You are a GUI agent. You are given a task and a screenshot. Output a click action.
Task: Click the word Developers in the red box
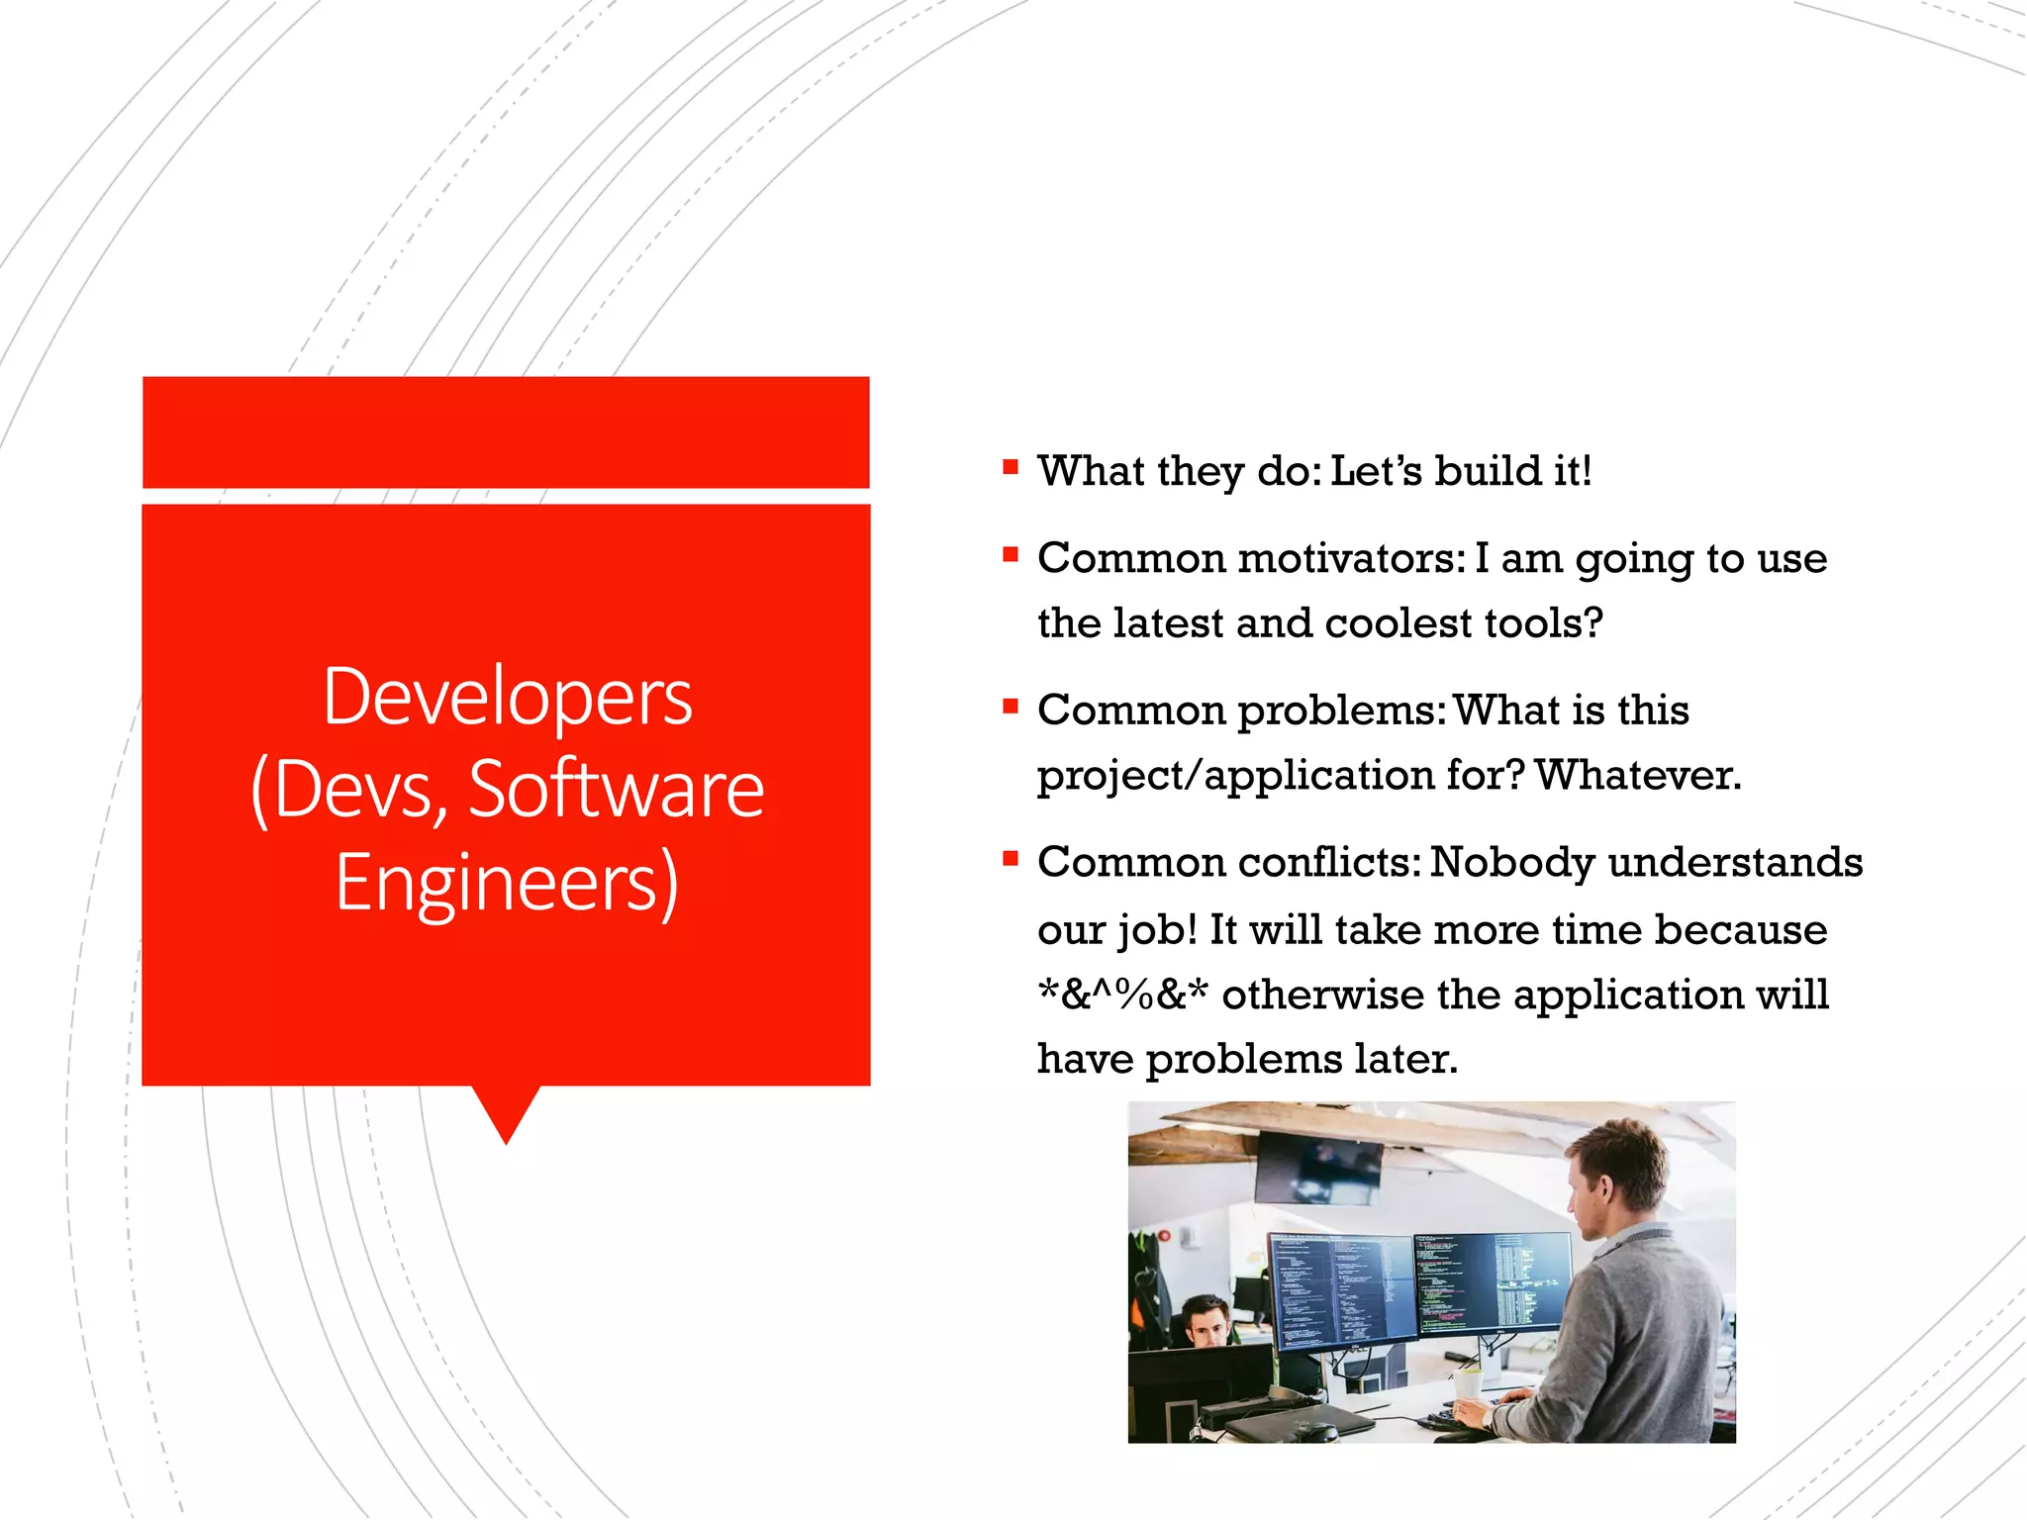click(x=507, y=698)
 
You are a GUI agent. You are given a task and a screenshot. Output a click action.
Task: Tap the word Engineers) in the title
click(x=507, y=882)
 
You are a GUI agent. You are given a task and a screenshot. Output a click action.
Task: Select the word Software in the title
click(x=616, y=790)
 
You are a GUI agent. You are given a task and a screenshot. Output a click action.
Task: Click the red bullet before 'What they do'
click(x=1010, y=467)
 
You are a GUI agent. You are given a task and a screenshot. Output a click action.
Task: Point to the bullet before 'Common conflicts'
click(x=1010, y=858)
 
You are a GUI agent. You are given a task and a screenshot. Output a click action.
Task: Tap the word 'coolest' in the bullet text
click(x=1399, y=623)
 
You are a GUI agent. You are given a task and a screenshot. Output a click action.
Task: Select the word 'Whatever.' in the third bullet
click(x=1638, y=775)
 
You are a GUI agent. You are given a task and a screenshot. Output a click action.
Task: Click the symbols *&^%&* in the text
click(x=1122, y=995)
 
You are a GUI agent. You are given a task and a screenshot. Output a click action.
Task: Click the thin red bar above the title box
click(x=506, y=432)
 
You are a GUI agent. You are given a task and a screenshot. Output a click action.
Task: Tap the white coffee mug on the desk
click(x=1468, y=1382)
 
